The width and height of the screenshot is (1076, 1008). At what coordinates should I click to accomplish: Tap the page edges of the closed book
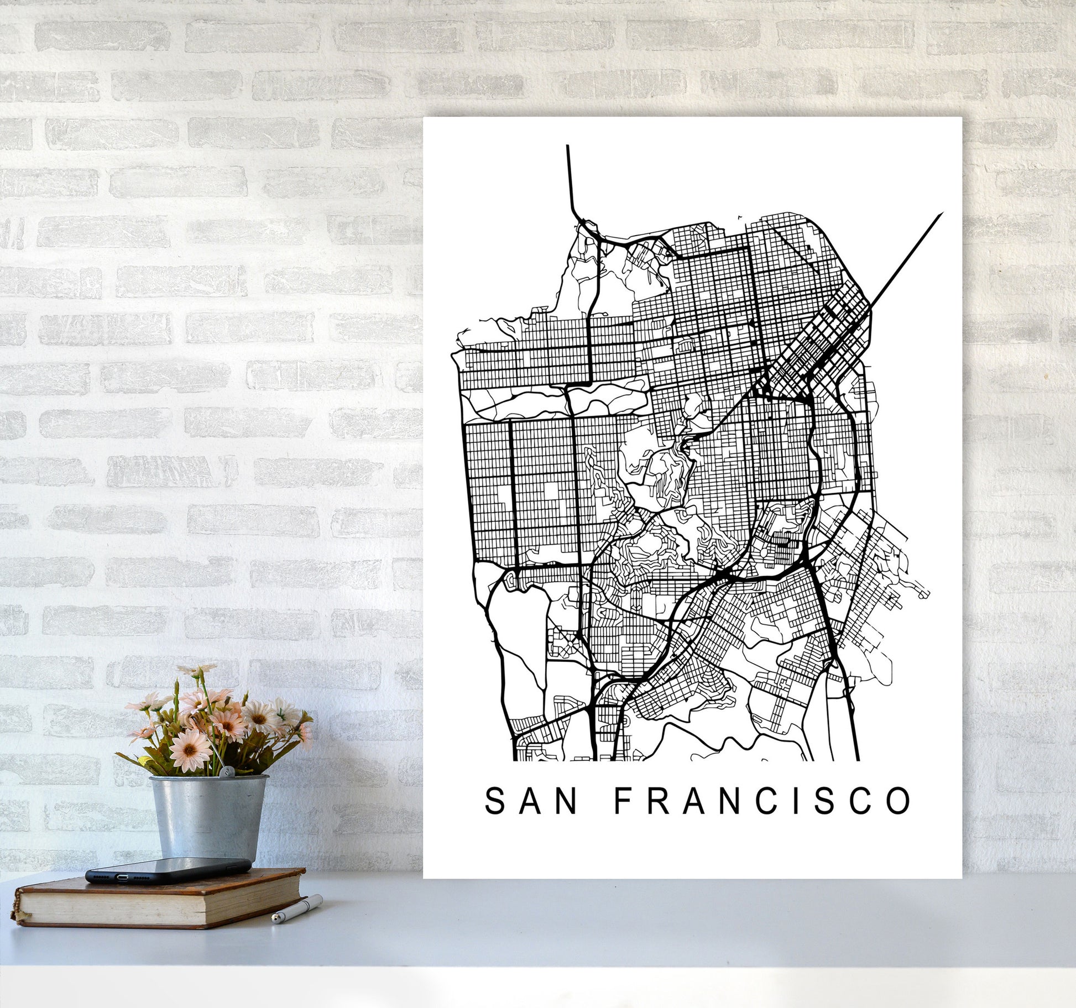pyautogui.click(x=160, y=918)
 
